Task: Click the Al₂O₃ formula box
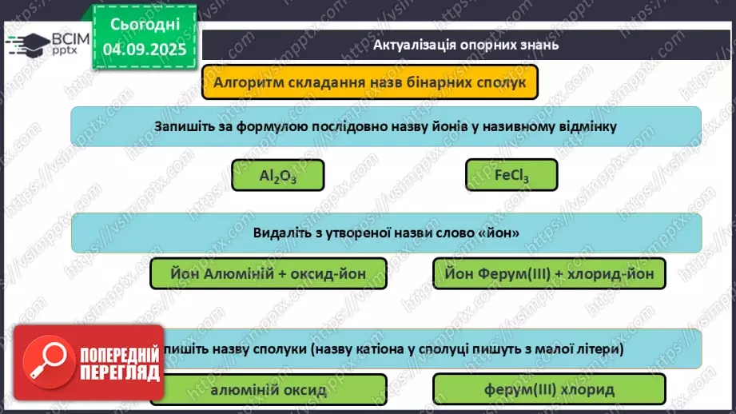click(x=278, y=175)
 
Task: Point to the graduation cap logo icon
click(x=25, y=43)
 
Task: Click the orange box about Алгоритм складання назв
click(x=369, y=82)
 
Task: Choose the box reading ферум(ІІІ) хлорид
click(x=548, y=390)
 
